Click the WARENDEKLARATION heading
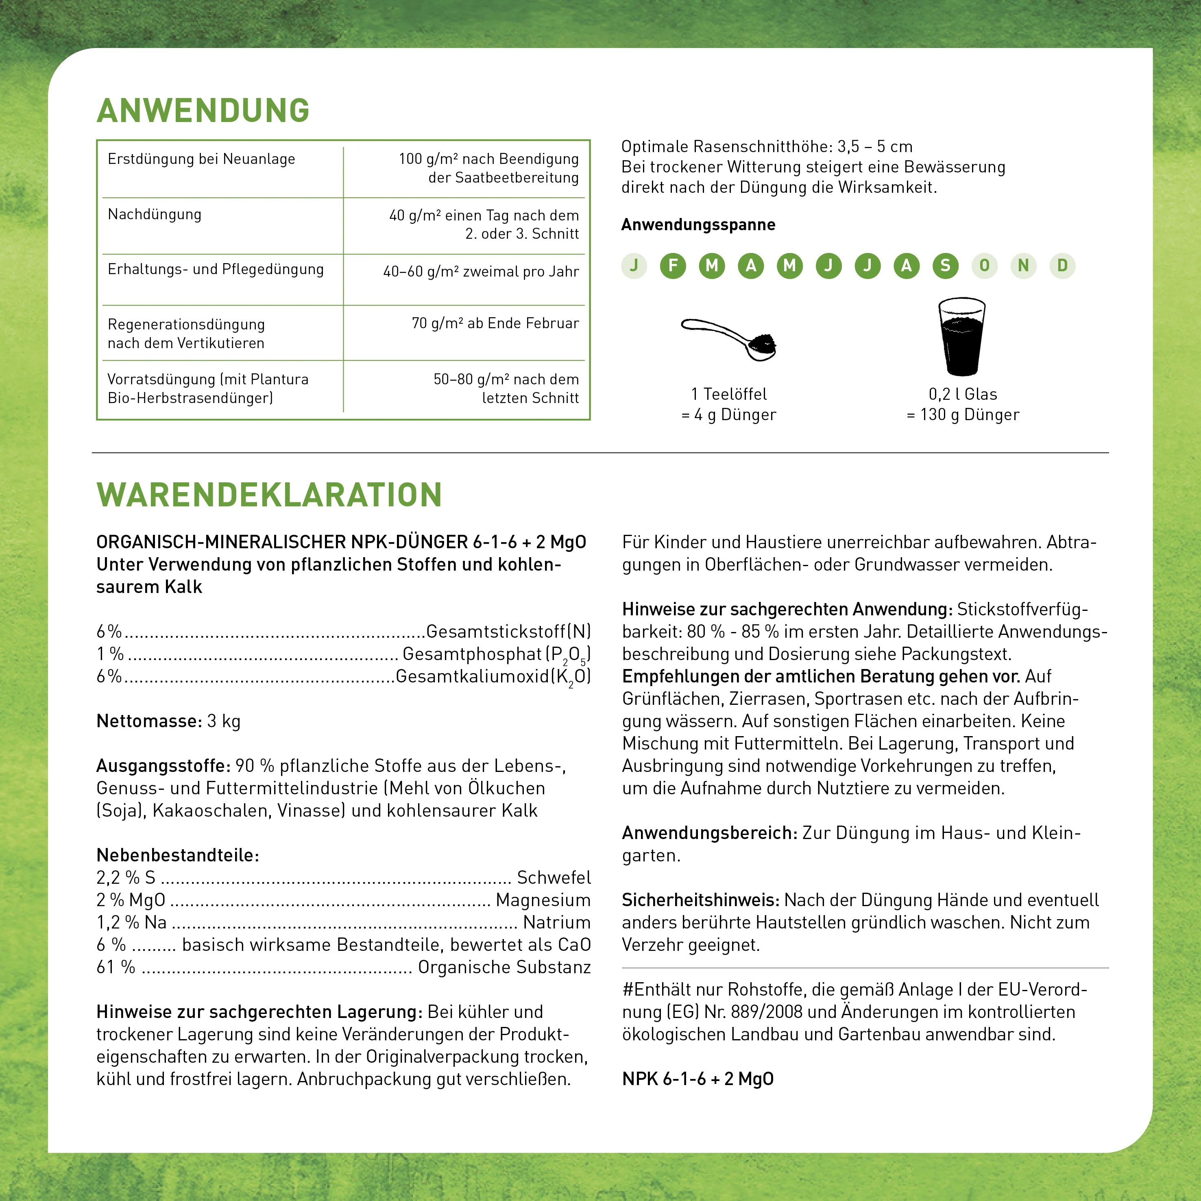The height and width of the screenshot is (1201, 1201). click(x=269, y=495)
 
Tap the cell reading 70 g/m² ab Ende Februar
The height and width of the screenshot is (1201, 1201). click(x=495, y=323)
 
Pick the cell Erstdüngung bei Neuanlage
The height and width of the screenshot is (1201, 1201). click(x=201, y=159)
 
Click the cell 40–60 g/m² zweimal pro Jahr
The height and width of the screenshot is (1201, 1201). click(x=481, y=272)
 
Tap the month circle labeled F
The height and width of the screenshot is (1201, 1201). click(x=673, y=266)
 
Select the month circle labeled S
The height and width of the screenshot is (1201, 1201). click(x=945, y=266)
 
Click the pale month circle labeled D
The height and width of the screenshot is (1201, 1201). click(x=1062, y=266)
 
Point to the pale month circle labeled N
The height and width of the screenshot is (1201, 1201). click(x=1023, y=266)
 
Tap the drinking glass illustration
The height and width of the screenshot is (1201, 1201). click(x=962, y=336)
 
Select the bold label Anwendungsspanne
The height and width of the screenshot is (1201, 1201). click(x=698, y=225)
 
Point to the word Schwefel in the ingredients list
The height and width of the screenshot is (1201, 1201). click(x=553, y=878)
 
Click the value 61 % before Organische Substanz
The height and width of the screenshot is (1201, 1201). click(x=116, y=967)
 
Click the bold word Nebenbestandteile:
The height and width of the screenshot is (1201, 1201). click(x=178, y=855)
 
